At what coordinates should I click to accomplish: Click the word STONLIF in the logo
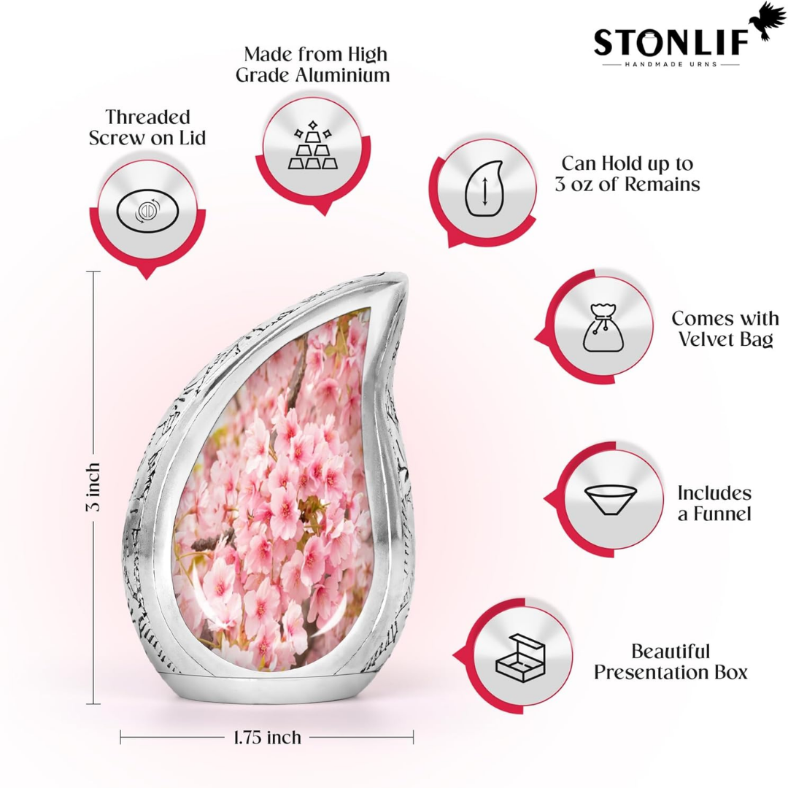click(671, 42)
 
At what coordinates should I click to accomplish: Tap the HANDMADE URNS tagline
click(671, 64)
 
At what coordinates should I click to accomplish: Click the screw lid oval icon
click(147, 211)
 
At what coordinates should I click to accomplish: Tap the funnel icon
click(611, 501)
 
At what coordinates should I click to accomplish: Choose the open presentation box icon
click(520, 658)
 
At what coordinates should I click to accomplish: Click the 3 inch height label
click(93, 487)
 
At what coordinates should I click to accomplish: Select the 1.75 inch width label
click(267, 737)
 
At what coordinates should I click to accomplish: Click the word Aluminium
click(342, 75)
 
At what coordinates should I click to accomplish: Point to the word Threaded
click(147, 117)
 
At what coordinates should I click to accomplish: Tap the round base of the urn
click(267, 681)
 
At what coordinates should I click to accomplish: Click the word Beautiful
click(671, 652)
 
